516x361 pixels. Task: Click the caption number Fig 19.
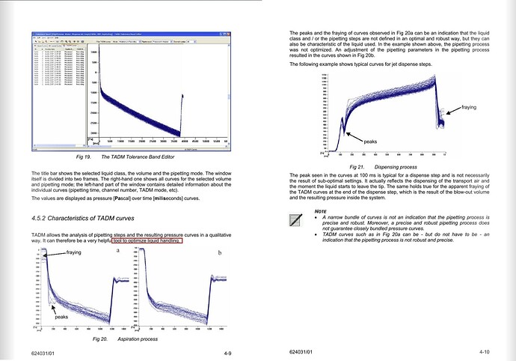pos(83,157)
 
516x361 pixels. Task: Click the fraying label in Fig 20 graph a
pos(73,253)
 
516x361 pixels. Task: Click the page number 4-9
pos(227,351)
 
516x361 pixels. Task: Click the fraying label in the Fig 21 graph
pos(473,109)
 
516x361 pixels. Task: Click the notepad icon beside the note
pos(298,220)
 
